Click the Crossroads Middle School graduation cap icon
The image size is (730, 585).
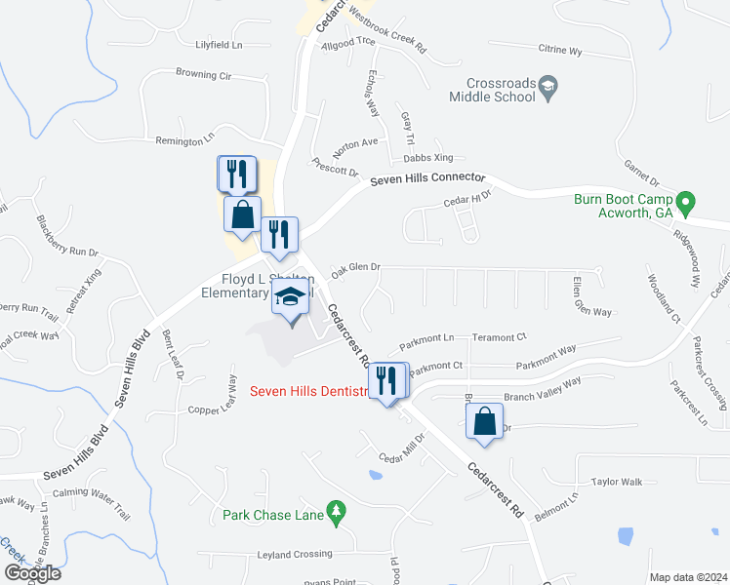[548, 88]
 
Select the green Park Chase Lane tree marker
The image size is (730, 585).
[337, 510]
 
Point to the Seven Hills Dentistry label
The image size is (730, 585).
[310, 392]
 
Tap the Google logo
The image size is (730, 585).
[32, 572]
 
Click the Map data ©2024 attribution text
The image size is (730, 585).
[688, 577]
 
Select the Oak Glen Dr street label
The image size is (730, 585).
[355, 267]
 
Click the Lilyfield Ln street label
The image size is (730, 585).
[219, 45]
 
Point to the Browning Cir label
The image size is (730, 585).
[203, 74]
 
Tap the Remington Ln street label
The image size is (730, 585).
[184, 141]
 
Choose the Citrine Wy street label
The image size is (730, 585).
[560, 49]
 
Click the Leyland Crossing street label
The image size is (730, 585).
[295, 554]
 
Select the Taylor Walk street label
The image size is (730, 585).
[617, 482]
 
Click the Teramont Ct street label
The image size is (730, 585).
[499, 337]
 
